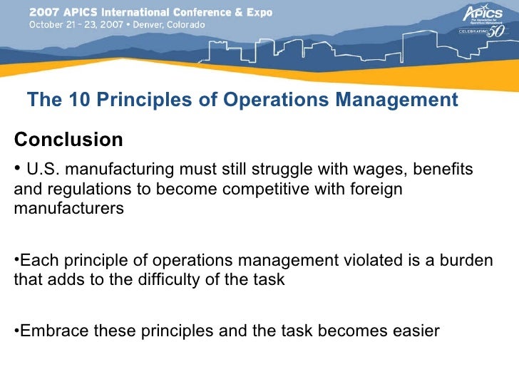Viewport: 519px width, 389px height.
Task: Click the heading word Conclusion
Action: [x=68, y=140]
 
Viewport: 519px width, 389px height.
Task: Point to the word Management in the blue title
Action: [x=394, y=100]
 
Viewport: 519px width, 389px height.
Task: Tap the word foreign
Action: [x=374, y=190]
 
